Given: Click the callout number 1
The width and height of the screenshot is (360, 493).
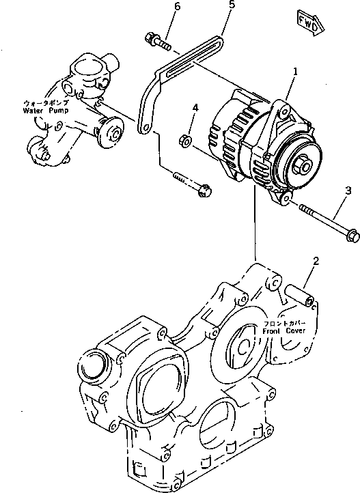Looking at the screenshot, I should tap(295, 71).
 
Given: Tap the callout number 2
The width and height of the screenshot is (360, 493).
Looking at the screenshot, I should tap(316, 261).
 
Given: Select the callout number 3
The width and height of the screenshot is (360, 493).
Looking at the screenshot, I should tap(348, 189).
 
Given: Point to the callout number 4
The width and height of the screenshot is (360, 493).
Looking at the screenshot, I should tap(195, 108).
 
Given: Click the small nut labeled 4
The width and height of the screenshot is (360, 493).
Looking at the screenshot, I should tap(183, 141).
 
